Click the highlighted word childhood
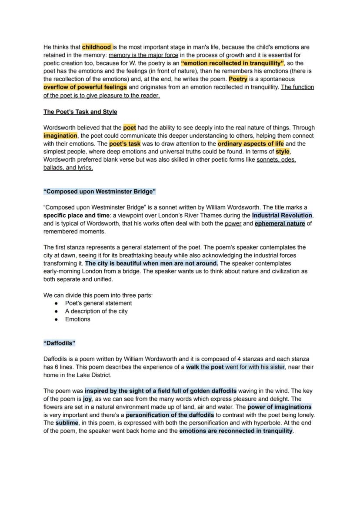97,47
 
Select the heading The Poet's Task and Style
80,112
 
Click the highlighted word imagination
60,136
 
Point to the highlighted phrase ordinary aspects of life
250,143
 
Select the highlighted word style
283,152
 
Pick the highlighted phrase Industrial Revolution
282,215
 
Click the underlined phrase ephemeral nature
280,223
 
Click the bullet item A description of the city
96,311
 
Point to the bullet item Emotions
78,319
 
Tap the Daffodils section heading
60,343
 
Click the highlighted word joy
87,398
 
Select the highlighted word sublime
67,422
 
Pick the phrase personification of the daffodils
170,415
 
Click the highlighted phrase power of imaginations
279,407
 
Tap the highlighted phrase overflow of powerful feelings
85,87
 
